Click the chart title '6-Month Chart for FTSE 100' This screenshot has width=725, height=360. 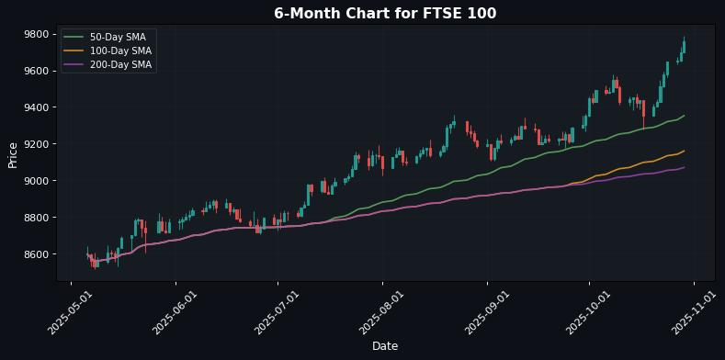point(385,13)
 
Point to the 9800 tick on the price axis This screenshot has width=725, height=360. point(36,34)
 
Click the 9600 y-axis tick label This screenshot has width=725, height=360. point(36,71)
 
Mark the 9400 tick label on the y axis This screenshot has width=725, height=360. point(36,107)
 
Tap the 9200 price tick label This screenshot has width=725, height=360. point(36,144)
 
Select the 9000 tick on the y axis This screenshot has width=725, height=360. point(36,181)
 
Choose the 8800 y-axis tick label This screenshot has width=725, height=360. point(36,218)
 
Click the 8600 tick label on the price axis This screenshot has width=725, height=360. point(36,254)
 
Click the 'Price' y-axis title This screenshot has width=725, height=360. point(13,155)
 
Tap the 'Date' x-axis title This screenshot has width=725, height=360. point(385,346)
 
